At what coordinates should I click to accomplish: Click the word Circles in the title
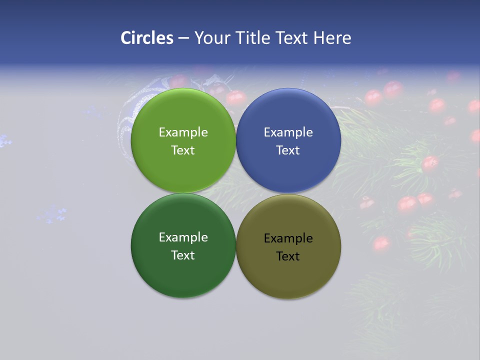pos(146,38)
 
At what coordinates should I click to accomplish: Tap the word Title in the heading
pos(254,38)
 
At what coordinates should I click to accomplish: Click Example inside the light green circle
pos(183,132)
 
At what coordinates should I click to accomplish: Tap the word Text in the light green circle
pos(183,150)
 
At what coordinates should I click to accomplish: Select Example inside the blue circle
pos(288,132)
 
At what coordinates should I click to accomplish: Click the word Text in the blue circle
pos(288,150)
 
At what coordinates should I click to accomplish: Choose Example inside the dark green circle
pos(183,237)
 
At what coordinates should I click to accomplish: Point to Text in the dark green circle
pos(183,255)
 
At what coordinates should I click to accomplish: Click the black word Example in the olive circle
pos(288,238)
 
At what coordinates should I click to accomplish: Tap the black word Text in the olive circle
pos(288,256)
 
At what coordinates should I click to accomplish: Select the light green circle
pos(183,170)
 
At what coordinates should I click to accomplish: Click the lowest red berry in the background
pos(381,243)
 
